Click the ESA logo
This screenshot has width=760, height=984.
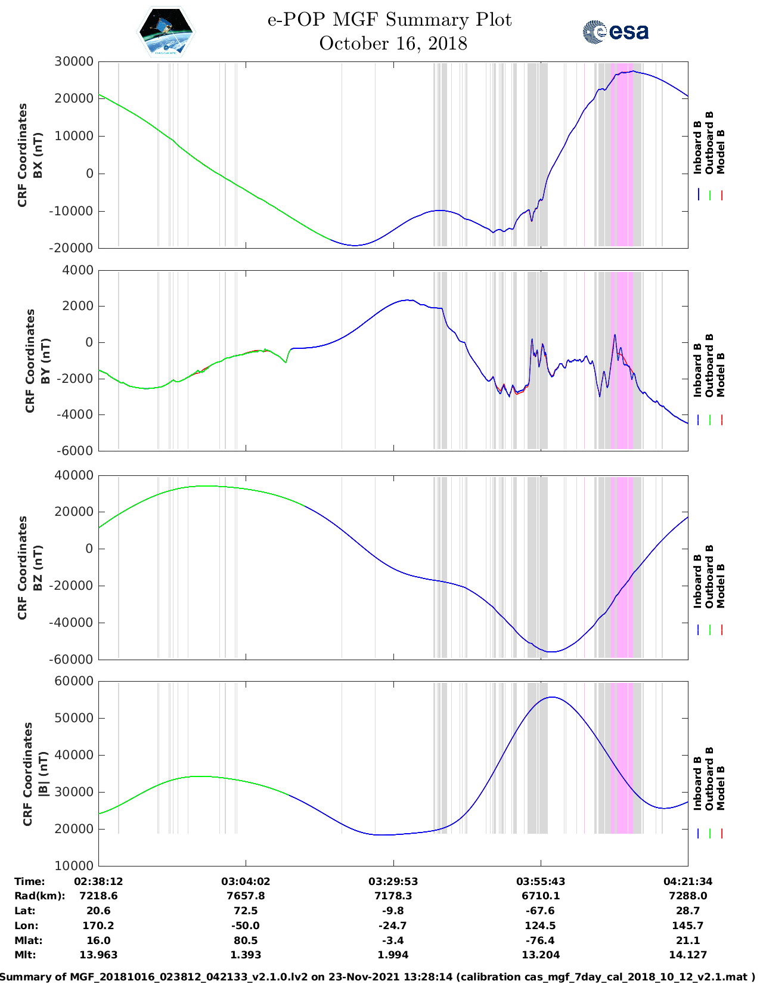point(615,32)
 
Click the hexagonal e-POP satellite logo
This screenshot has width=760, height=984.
point(166,32)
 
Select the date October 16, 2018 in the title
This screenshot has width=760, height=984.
point(393,44)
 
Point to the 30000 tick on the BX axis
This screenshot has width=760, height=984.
point(74,61)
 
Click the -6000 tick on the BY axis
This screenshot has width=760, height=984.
point(75,451)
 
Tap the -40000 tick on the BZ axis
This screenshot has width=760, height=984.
point(72,623)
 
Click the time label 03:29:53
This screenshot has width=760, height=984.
point(393,881)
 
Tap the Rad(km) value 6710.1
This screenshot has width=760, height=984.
point(541,896)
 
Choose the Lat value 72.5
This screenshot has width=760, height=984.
point(246,911)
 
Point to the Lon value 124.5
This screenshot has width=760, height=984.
point(541,926)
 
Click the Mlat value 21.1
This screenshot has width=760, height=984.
point(688,940)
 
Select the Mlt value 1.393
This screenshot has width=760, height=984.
point(246,955)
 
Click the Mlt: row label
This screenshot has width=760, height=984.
point(25,955)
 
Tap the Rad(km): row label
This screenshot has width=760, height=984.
point(39,896)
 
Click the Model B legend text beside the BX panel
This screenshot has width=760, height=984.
point(721,151)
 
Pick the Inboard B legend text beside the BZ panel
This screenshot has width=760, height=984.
point(698,581)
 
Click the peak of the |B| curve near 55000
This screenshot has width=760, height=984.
point(553,697)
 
